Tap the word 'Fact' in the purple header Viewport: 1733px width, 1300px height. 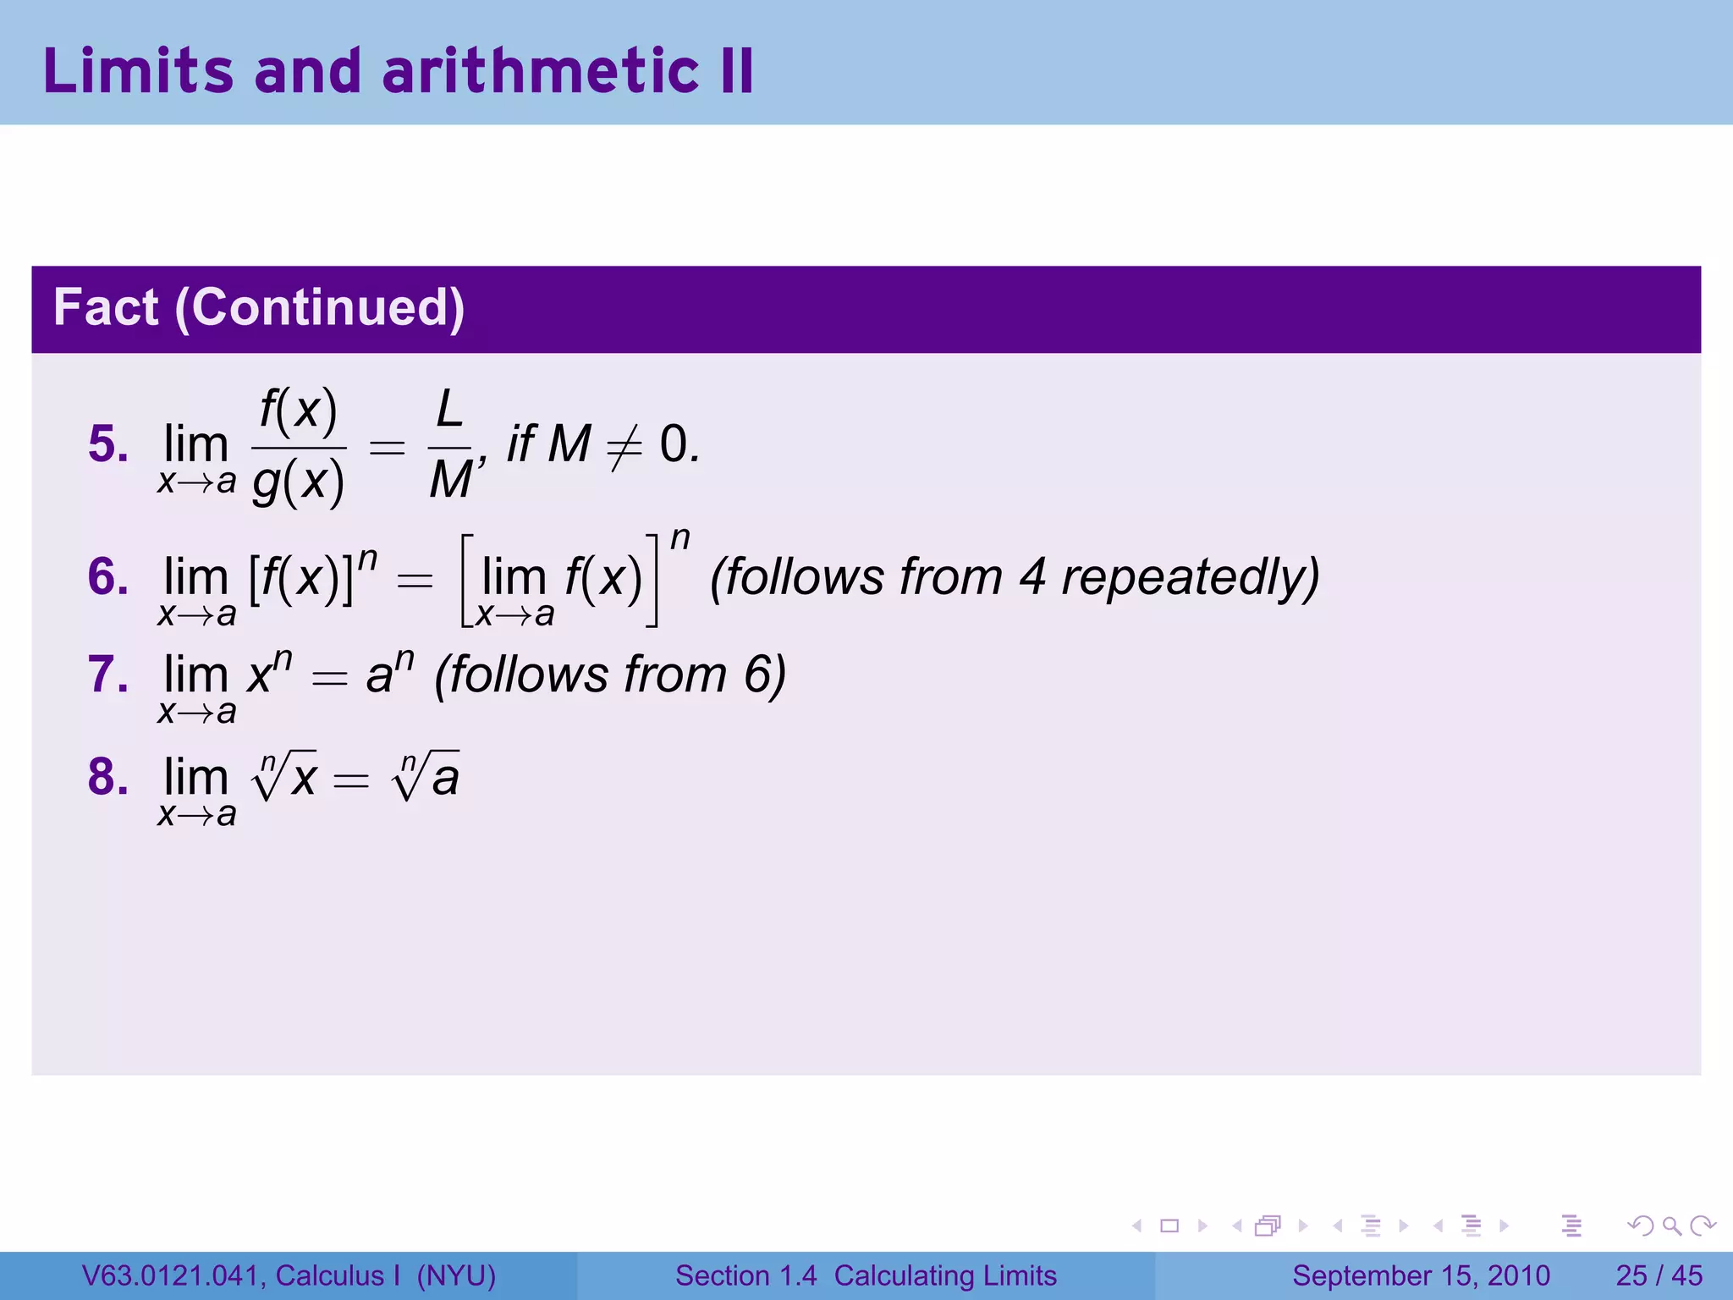pos(106,307)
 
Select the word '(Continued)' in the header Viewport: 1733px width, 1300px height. pos(320,307)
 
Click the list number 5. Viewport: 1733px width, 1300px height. pos(107,444)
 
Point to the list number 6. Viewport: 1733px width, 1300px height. pos(107,577)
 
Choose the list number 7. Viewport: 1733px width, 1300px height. pos(107,675)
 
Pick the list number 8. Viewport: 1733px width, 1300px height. pos(107,777)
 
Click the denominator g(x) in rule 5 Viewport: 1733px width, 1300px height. pos(299,482)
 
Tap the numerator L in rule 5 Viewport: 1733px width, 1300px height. pos(449,410)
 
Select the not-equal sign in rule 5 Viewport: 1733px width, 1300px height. pos(624,446)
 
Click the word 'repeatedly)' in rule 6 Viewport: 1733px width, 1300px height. pos(1190,579)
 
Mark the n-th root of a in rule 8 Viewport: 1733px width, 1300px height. pos(426,775)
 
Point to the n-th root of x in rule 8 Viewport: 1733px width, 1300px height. pos(285,775)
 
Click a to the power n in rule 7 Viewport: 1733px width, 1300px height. pos(389,674)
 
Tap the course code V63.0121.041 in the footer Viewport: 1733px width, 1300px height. pos(173,1275)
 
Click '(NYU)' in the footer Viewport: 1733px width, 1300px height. pos(456,1275)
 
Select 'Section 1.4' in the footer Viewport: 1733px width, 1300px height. pos(745,1275)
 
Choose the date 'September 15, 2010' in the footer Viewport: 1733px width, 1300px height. pos(1421,1275)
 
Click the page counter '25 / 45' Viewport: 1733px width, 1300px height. pos(1659,1275)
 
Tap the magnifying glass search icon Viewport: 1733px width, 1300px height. pos(1671,1226)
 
